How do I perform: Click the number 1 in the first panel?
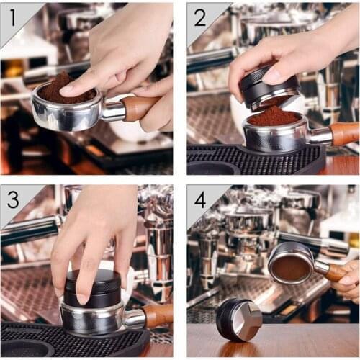tap(12, 12)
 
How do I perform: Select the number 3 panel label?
tap(13, 198)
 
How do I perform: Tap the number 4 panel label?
tap(199, 199)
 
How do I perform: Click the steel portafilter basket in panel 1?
tap(65, 115)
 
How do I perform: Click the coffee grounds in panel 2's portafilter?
tap(273, 116)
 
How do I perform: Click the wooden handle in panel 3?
tap(158, 315)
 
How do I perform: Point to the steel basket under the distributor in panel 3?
tap(90, 317)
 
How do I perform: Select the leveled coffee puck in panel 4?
tap(291, 266)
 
